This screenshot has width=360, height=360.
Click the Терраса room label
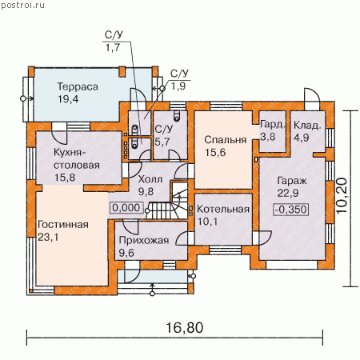tap(78, 87)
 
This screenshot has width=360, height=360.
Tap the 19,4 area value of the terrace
tap(68, 99)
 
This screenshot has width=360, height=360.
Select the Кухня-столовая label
tap(77, 159)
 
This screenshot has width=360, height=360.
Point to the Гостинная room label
tap(63, 225)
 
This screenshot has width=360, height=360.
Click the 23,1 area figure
tap(48, 237)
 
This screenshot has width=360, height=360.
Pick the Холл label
tap(150, 179)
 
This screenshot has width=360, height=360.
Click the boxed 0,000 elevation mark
tap(126, 208)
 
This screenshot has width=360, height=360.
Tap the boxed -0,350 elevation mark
tap(291, 210)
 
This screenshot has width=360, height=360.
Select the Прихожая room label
tap(144, 241)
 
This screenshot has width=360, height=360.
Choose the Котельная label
tap(223, 210)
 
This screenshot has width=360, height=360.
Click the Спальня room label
tap(226, 140)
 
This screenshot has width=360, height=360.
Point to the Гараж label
tap(292, 181)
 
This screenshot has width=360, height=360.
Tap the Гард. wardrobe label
tap(273, 125)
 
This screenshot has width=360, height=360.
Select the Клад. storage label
tap(307, 126)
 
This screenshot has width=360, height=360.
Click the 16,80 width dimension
tap(185, 327)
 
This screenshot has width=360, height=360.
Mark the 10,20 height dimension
tap(342, 195)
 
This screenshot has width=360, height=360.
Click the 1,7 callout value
tap(113, 48)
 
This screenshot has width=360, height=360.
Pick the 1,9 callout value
tap(178, 86)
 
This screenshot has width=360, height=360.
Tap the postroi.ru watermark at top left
tap(22, 5)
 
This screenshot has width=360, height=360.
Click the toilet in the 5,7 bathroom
tap(177, 115)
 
